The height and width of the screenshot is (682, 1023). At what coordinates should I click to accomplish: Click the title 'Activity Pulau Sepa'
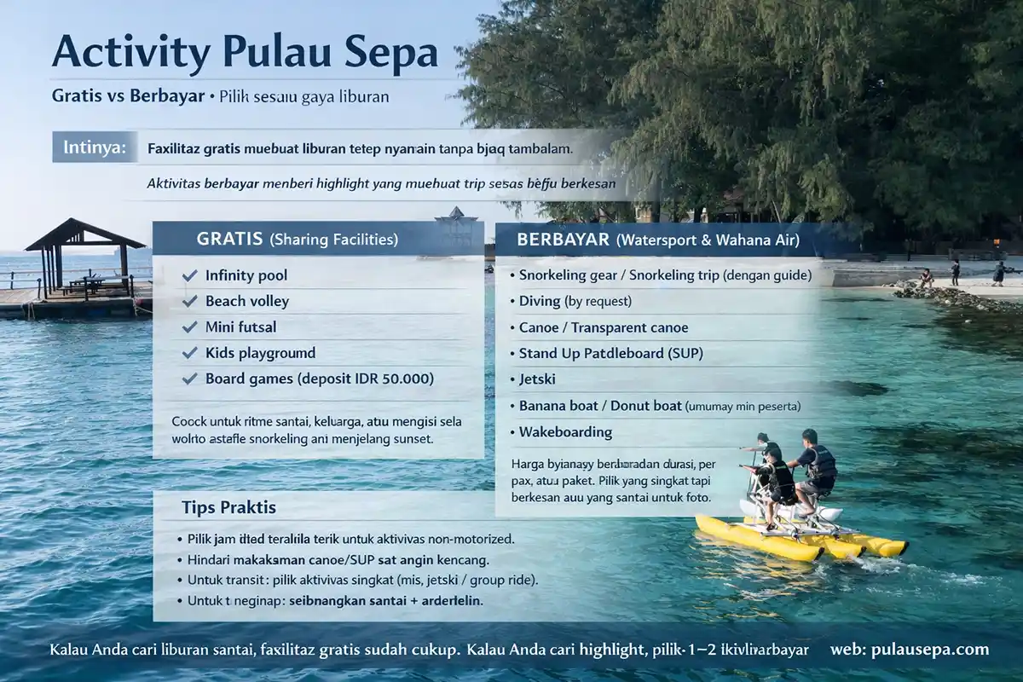(245, 53)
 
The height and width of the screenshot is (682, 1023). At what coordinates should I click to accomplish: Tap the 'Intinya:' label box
(94, 147)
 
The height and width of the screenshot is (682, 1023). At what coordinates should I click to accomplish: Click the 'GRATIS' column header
(229, 240)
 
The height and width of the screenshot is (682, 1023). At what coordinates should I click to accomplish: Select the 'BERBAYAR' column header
(563, 240)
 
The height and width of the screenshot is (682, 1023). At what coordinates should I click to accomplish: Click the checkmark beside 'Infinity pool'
(190, 275)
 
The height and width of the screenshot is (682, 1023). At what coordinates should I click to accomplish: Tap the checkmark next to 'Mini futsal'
(190, 327)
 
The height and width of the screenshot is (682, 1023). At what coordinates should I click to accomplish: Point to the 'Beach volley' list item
(247, 301)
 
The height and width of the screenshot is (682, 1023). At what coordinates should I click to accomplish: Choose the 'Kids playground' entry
(260, 353)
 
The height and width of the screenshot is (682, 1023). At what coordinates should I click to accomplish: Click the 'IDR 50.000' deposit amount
(391, 379)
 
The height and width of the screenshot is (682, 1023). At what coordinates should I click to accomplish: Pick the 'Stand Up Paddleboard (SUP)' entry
(610, 353)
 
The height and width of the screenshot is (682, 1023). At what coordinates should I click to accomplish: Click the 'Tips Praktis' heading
(228, 507)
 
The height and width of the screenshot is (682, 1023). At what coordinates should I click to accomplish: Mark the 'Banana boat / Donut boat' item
(600, 406)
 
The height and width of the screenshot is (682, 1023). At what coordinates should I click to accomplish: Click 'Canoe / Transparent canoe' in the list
(604, 327)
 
